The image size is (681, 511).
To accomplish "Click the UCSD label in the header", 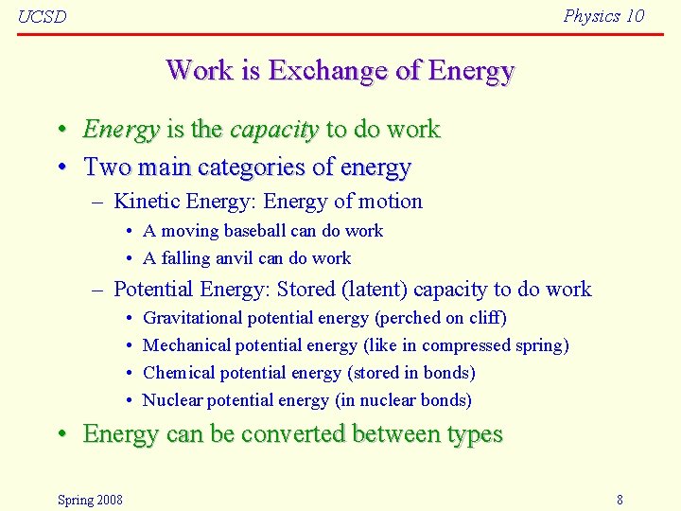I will click(x=43, y=17).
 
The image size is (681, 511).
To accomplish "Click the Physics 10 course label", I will click(x=603, y=15).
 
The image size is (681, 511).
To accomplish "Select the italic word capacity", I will click(x=274, y=130).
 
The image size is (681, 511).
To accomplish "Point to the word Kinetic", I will click(x=147, y=202).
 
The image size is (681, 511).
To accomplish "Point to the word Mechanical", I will click(x=186, y=345).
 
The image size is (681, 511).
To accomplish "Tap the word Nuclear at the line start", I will click(x=172, y=400).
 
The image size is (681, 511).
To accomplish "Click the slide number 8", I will click(x=620, y=500).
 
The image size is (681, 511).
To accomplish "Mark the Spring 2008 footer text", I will click(x=90, y=500).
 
